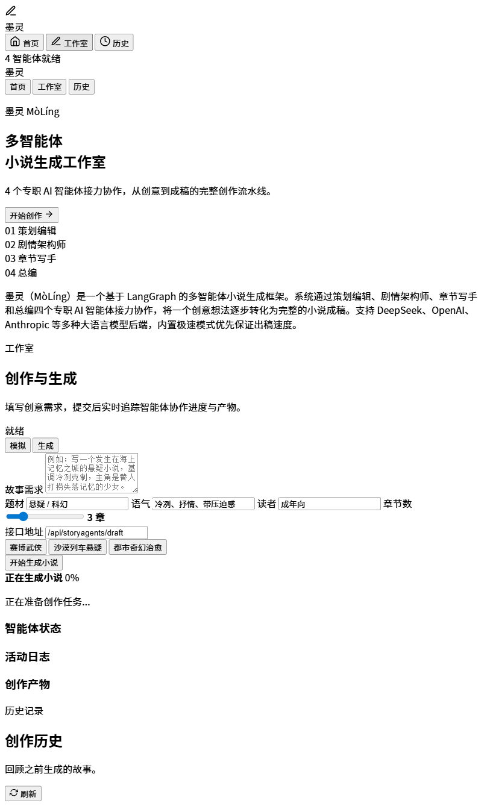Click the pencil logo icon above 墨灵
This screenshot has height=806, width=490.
click(11, 11)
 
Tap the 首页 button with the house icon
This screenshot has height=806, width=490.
click(24, 42)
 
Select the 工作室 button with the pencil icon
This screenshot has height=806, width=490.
click(69, 42)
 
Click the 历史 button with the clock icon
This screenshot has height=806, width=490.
click(114, 42)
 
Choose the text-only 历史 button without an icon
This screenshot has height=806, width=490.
click(81, 87)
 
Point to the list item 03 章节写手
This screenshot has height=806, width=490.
click(31, 258)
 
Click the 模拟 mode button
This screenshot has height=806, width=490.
click(17, 445)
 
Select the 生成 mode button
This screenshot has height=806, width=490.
click(45, 445)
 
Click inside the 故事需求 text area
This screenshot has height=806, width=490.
click(92, 473)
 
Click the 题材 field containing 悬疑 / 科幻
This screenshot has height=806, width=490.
click(77, 504)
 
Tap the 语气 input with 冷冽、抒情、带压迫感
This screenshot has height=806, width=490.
click(204, 504)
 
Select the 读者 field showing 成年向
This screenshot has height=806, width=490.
click(330, 504)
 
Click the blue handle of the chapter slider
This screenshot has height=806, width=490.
click(23, 516)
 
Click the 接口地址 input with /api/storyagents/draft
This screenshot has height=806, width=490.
click(96, 533)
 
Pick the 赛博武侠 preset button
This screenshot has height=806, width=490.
click(25, 548)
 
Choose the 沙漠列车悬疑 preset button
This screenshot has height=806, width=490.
click(77, 548)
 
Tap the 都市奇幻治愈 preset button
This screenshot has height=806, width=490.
click(137, 548)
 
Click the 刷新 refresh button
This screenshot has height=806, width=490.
click(23, 793)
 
